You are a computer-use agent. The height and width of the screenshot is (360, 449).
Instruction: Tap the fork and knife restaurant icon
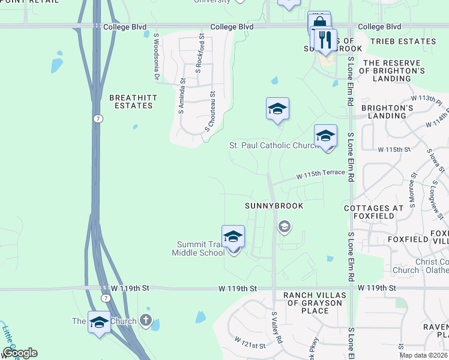[325, 40]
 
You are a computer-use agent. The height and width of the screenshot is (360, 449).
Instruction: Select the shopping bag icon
[319, 23]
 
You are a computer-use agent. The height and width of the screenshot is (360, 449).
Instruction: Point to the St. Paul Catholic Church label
[273, 145]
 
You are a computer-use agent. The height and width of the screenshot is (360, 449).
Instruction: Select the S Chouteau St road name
[211, 111]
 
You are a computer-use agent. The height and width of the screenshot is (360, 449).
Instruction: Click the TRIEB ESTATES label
[403, 41]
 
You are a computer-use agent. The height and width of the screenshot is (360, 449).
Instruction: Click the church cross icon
[145, 320]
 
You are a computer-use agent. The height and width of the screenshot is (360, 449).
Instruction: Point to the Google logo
[19, 353]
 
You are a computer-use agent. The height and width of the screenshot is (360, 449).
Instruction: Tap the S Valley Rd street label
[277, 326]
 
